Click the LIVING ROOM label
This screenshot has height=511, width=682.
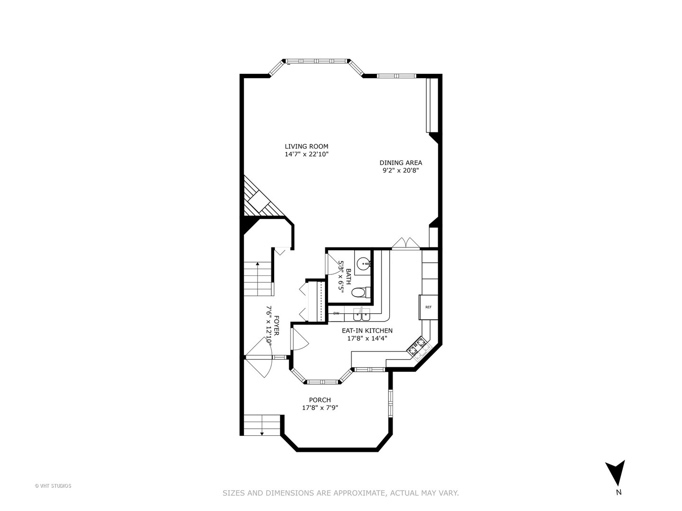coord(306,146)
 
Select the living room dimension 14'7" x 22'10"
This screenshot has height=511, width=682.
coord(306,154)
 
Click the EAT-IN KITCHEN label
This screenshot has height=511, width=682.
coord(367,331)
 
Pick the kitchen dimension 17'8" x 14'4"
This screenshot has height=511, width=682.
coord(367,338)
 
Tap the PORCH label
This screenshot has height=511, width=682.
coord(320,400)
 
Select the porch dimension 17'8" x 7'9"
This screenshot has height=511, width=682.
coord(320,408)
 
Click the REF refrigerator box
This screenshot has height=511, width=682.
coord(428,307)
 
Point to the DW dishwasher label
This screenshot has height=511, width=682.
coord(336,313)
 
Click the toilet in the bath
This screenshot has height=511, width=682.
coord(359,293)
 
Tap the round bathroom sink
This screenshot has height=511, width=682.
coord(363,263)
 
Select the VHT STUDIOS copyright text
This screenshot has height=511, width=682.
coord(53,485)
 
